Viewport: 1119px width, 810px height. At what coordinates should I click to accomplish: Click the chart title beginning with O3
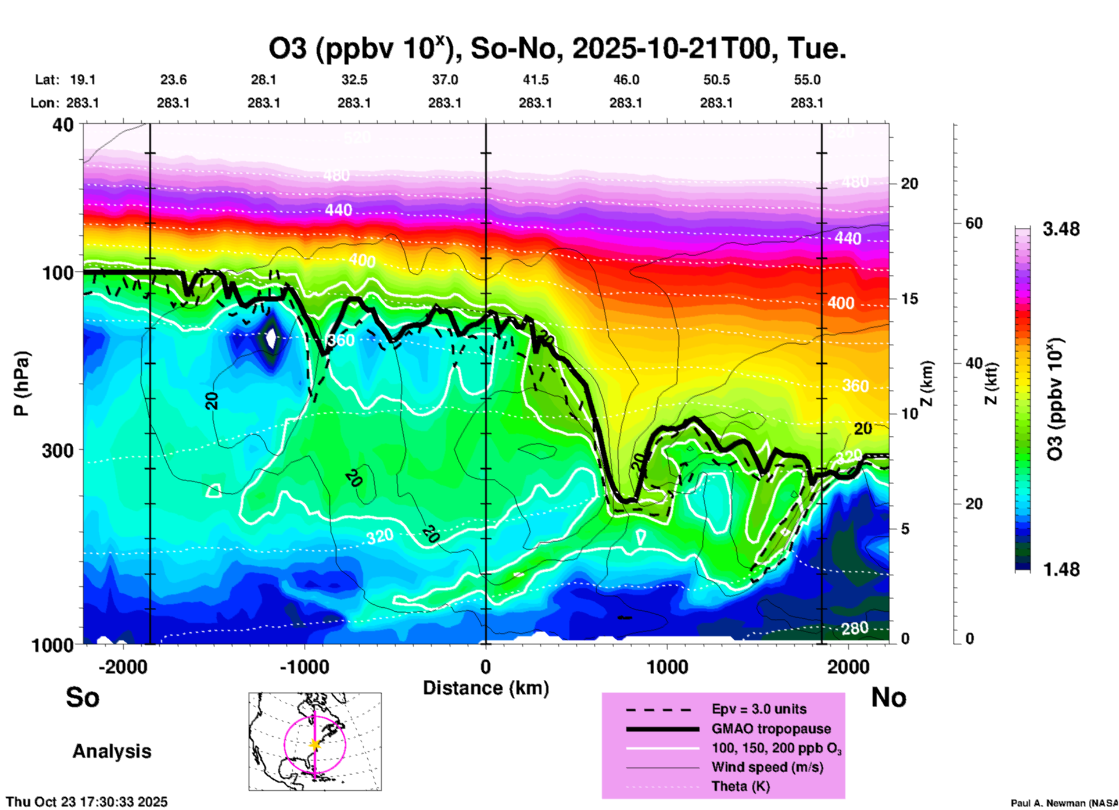[557, 49]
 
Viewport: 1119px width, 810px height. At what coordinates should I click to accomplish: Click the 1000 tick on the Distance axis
[667, 667]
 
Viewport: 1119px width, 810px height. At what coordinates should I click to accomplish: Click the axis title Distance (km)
[486, 688]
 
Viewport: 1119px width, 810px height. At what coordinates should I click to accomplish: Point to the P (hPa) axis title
[21, 384]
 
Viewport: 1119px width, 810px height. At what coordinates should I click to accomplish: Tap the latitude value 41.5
[535, 80]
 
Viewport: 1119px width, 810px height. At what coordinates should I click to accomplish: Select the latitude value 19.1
[83, 80]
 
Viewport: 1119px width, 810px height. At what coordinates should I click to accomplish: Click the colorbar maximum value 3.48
[1061, 229]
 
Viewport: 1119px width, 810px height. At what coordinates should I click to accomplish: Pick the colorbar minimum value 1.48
[1061, 569]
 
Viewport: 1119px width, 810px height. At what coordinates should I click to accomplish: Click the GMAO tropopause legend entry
[771, 729]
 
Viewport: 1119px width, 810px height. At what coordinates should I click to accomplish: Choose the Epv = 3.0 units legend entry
[759, 709]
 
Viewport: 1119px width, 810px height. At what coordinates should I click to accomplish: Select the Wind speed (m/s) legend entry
[767, 767]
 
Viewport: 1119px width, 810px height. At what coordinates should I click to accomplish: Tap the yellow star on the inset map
[315, 744]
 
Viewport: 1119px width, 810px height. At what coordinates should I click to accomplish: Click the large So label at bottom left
[83, 697]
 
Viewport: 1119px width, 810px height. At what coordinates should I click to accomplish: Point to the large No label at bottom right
[888, 697]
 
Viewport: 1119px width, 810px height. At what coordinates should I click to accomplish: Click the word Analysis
[112, 751]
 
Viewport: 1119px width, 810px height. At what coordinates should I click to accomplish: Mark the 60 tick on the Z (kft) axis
[974, 223]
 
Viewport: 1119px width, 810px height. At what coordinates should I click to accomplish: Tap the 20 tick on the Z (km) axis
[909, 184]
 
